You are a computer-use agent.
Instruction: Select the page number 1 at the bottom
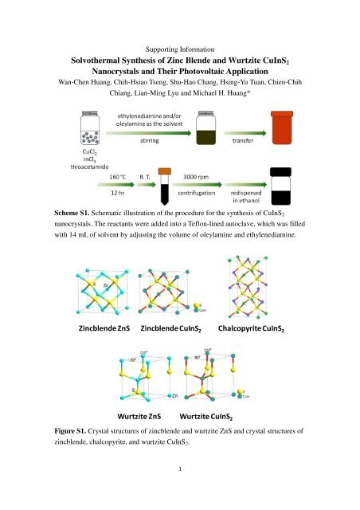pos(180,492)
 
